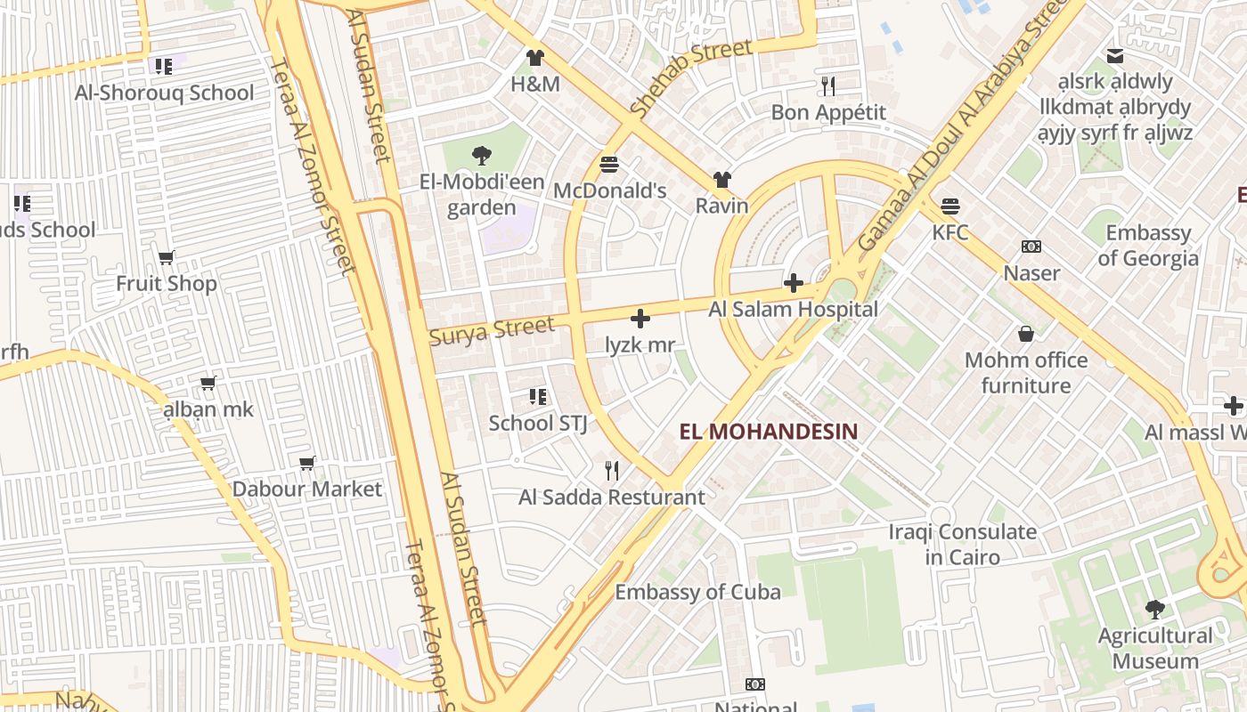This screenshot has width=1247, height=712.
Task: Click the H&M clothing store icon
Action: tap(534, 59)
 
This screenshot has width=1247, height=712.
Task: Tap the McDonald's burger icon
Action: tap(609, 165)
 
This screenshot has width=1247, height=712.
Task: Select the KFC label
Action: tap(950, 232)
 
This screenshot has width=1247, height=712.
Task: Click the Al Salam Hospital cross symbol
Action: tap(793, 284)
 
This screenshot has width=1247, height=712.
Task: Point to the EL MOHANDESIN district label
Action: tap(769, 433)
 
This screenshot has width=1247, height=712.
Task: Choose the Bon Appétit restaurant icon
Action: tap(828, 86)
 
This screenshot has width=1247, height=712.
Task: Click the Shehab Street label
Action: tap(690, 78)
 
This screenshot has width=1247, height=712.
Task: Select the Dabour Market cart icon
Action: tap(307, 463)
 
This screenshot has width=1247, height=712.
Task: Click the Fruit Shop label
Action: tap(167, 284)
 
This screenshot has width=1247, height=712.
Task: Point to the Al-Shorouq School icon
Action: tap(163, 67)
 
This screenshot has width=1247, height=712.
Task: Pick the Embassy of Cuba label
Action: tap(697, 592)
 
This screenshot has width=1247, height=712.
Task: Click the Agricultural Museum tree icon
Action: tap(1155, 610)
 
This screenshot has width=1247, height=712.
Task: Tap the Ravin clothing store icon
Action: tap(721, 181)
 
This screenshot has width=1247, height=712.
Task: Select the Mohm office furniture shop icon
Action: tap(1026, 335)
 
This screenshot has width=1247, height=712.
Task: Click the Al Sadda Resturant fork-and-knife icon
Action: tap(612, 471)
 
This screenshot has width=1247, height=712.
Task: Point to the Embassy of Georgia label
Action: tap(1148, 246)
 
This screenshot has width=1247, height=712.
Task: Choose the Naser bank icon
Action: tap(1031, 247)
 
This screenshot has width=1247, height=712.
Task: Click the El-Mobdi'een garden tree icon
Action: tap(482, 156)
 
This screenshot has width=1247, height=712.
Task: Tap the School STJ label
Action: tap(538, 423)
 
